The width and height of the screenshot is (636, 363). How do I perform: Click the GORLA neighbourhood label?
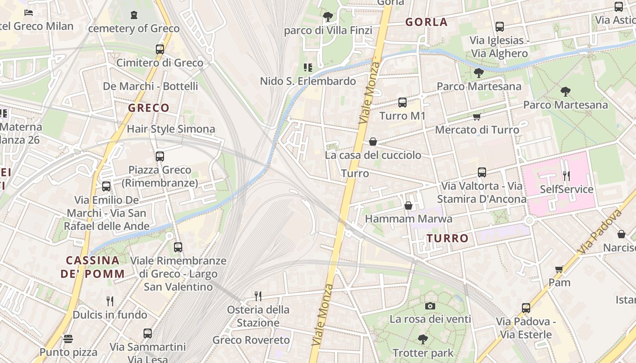click(x=426, y=22)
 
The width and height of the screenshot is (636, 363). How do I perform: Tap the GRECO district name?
click(x=149, y=108)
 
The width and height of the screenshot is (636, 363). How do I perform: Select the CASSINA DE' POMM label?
click(x=93, y=267)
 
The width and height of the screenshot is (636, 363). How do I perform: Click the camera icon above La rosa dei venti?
click(x=430, y=306)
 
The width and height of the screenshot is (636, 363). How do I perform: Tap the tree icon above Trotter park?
click(x=423, y=339)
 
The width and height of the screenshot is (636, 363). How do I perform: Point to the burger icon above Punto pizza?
click(x=68, y=338)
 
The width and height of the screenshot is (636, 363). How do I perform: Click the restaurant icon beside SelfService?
click(x=566, y=176)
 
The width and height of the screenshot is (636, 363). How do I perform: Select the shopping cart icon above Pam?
click(x=559, y=269)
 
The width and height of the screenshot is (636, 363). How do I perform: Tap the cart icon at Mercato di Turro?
click(x=477, y=117)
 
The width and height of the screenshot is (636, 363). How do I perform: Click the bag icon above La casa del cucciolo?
click(x=373, y=142)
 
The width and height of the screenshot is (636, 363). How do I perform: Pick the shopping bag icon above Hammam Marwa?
click(x=408, y=206)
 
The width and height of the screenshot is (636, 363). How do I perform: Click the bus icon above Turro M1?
click(x=402, y=103)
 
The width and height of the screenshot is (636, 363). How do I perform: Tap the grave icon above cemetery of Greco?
click(x=134, y=15)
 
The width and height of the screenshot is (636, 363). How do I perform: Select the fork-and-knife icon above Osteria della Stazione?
click(x=258, y=296)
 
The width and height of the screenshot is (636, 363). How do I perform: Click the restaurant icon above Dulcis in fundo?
click(x=109, y=301)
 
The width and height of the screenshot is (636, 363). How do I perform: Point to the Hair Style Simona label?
click(x=171, y=129)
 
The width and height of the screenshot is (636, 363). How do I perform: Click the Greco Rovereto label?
click(x=251, y=340)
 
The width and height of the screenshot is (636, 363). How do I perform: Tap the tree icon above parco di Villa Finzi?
click(x=328, y=17)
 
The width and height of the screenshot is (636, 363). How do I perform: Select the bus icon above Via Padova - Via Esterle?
click(x=526, y=308)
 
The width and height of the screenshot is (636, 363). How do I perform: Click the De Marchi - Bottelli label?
click(x=150, y=86)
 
